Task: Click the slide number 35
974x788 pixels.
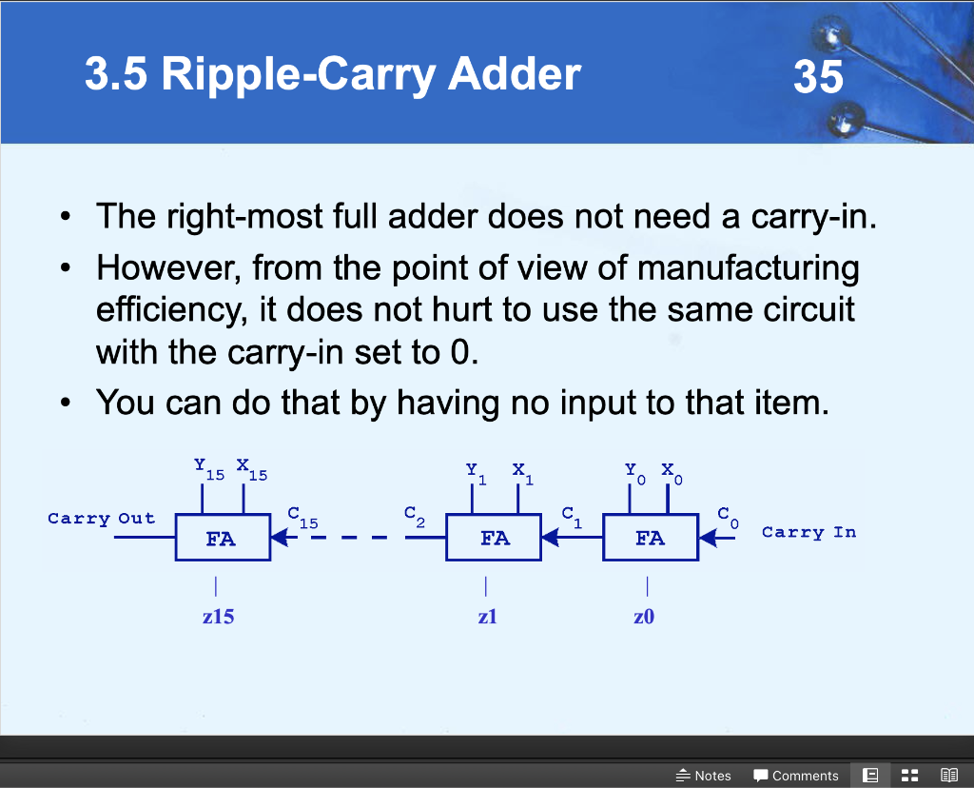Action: (818, 75)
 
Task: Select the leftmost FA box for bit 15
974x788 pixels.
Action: (222, 539)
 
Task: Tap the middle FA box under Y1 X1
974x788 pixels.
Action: (494, 539)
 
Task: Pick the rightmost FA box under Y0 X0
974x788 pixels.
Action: (650, 539)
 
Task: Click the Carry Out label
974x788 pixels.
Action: (101, 519)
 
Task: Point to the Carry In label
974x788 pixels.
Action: (808, 532)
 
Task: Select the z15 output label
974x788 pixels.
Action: (218, 617)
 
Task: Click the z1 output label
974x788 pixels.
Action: (487, 617)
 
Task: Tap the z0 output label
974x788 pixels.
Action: (644, 617)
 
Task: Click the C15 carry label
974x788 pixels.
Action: (302, 518)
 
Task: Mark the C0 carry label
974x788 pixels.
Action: (728, 517)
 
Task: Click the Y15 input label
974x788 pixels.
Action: (207, 468)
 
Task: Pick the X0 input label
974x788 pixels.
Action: (672, 472)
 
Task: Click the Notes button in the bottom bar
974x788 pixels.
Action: (703, 776)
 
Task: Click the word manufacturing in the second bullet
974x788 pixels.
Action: (748, 268)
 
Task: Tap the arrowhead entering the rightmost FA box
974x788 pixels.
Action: (708, 539)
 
